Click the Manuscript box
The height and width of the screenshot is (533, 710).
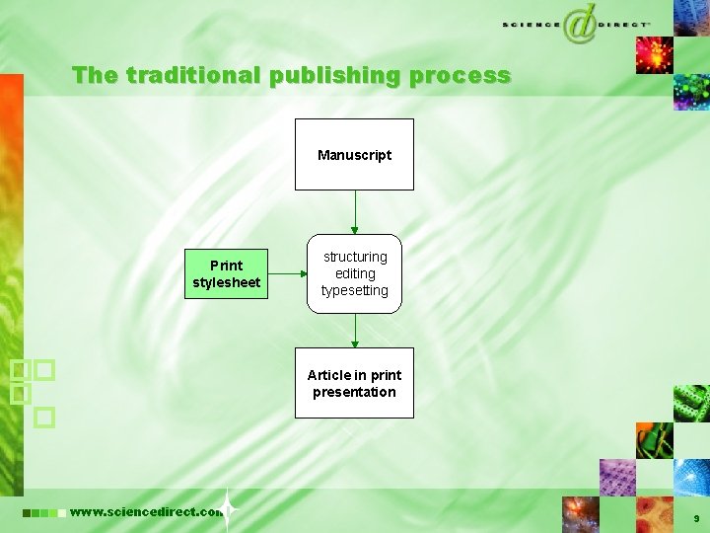pos(354,154)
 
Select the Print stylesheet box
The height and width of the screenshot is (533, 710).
pos(227,273)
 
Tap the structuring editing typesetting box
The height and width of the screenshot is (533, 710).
pos(354,273)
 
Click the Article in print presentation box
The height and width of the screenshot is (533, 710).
pos(354,383)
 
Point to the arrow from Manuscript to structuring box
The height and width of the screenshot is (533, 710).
pos(355,211)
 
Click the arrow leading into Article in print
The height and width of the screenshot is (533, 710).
pos(355,330)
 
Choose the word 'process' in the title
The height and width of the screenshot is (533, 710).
pos(461,75)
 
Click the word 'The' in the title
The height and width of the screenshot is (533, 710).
pos(95,75)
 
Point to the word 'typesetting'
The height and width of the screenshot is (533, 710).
pos(355,290)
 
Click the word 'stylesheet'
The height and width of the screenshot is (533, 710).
pos(227,282)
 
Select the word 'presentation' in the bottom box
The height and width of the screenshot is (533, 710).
pos(354,392)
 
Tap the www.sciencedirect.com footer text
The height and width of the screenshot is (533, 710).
pos(146,511)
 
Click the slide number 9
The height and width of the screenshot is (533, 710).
pos(696,518)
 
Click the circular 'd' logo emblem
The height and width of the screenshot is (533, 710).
pos(579,24)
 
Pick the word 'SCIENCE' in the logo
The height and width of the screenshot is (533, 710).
pos(531,24)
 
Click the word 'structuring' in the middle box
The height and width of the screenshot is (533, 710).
pos(355,257)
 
